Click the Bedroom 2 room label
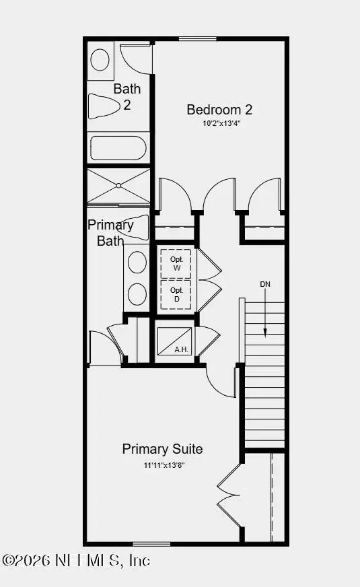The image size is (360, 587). [219, 109]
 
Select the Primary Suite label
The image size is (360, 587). [162, 449]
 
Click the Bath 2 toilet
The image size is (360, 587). [105, 105]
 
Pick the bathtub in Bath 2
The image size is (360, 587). [118, 147]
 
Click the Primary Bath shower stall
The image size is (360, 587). [118, 185]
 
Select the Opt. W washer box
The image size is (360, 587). [176, 263]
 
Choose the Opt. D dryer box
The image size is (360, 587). [176, 294]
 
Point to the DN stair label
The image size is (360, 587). [266, 285]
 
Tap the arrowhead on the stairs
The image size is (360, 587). [266, 333]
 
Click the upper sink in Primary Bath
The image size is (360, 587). [137, 263]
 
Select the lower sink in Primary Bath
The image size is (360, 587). [137, 293]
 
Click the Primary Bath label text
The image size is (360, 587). [110, 233]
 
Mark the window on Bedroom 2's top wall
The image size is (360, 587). [198, 38]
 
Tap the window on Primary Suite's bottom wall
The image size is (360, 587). [151, 543]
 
